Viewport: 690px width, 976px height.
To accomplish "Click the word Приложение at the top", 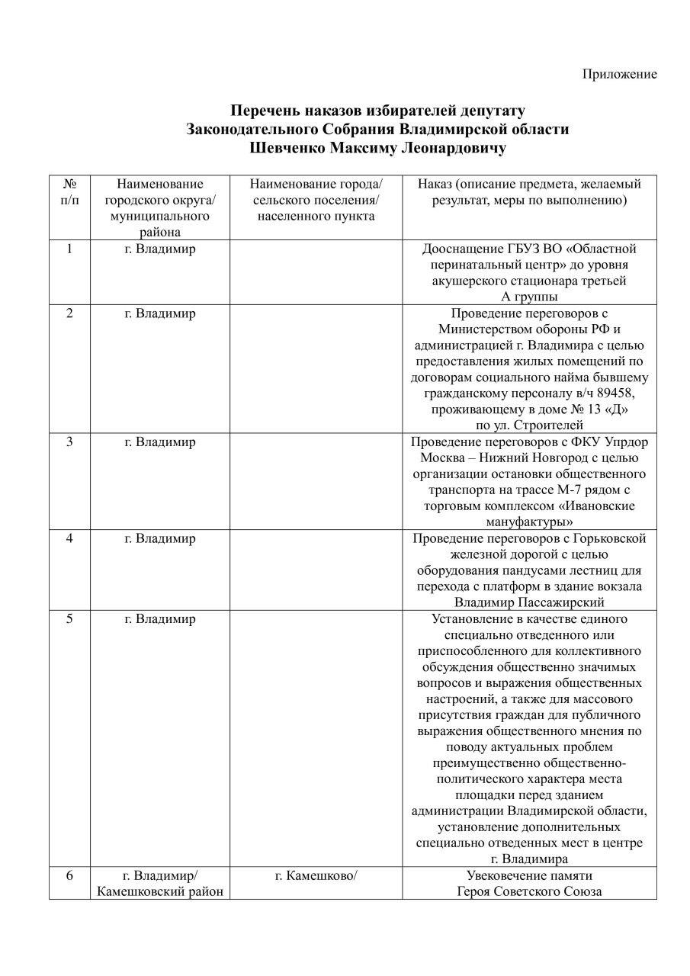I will point(619,74).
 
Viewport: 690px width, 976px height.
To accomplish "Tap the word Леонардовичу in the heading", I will point(453,148).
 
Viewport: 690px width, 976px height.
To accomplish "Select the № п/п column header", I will point(69,192).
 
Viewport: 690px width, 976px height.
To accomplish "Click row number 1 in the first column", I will point(69,249).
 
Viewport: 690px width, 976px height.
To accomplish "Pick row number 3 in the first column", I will point(69,442).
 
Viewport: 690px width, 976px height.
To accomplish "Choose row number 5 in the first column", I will point(69,619).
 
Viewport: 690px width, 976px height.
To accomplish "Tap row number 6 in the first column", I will point(69,875).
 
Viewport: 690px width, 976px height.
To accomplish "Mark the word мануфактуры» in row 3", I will point(529,522).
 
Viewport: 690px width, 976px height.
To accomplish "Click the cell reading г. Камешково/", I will point(316,875).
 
